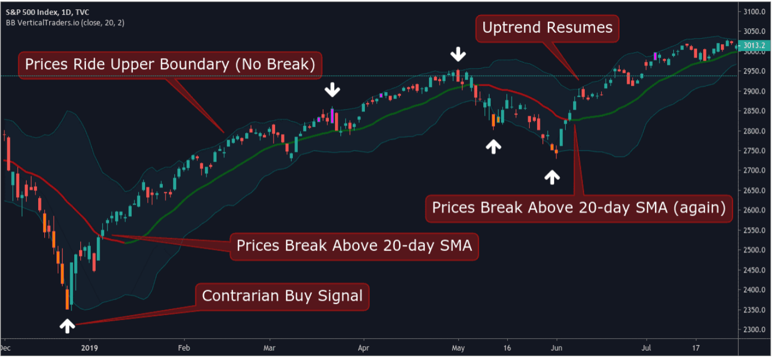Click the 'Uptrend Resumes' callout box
click(547, 28)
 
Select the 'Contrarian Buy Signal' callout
click(282, 296)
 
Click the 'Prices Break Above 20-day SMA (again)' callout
click(579, 208)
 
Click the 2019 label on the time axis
click(89, 348)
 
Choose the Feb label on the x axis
click(184, 348)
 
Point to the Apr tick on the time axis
click(363, 348)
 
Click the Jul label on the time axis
click(645, 348)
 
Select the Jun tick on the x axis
click(557, 348)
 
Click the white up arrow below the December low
click(68, 326)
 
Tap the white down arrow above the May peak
click(458, 54)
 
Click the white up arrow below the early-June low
click(552, 176)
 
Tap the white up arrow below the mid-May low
click(493, 145)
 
